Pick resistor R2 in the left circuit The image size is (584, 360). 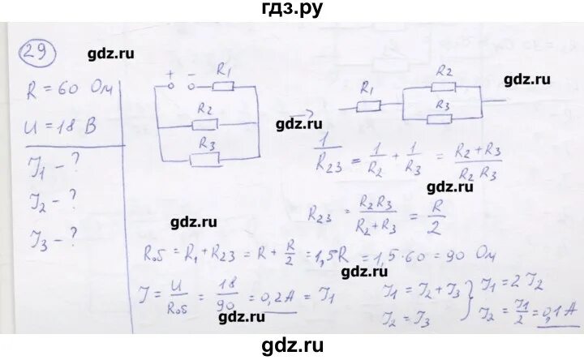click(x=206, y=124)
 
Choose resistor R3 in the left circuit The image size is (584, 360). click(x=206, y=156)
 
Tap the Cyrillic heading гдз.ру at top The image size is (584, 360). click(x=291, y=11)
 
